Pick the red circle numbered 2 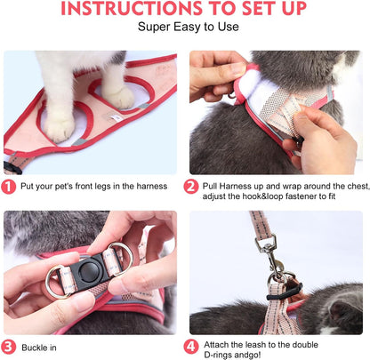coord(192,187)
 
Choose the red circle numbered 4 coord(192,346)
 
